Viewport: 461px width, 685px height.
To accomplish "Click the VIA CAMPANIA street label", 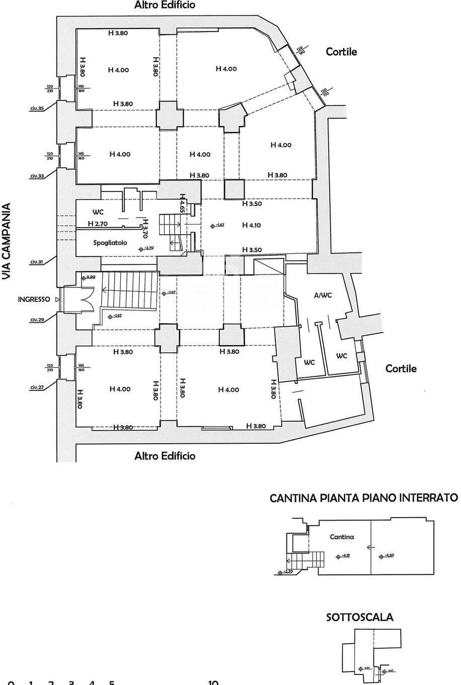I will click(7, 242).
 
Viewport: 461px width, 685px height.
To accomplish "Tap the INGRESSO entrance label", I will click(34, 299).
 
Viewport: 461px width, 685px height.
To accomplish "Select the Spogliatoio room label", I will click(110, 243).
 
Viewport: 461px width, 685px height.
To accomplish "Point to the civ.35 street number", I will click(37, 108).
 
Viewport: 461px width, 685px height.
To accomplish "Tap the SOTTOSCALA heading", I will click(360, 618).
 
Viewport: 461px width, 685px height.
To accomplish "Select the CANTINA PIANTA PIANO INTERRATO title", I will click(364, 498).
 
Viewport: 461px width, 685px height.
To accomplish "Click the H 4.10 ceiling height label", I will click(251, 225).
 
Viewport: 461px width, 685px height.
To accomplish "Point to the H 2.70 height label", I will click(98, 223).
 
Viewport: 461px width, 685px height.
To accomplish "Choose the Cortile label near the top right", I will click(341, 51).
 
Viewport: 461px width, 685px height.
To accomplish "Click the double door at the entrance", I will click(85, 300).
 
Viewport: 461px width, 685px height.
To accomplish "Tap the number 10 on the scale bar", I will click(212, 682).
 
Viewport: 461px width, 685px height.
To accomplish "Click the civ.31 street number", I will click(37, 261).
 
